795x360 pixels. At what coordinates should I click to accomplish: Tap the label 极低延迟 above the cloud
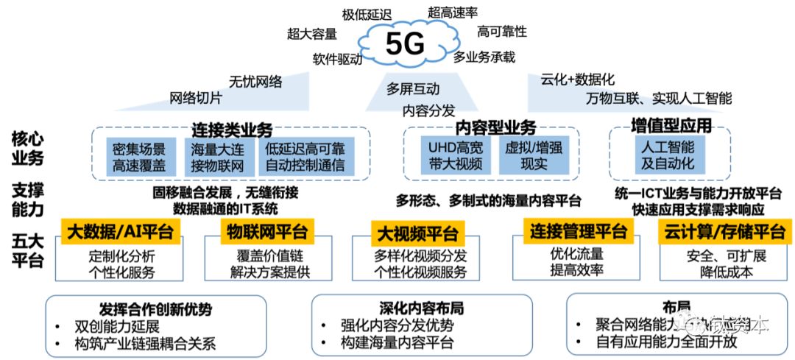pyautogui.click(x=366, y=14)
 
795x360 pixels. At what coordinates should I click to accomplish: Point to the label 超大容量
pyautogui.click(x=312, y=33)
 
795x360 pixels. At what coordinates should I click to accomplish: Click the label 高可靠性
pyautogui.click(x=502, y=31)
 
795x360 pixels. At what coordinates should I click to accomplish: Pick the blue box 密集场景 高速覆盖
pyautogui.click(x=140, y=157)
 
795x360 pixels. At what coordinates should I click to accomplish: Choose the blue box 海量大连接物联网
pyautogui.click(x=217, y=157)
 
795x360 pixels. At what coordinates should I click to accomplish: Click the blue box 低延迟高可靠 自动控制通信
pyautogui.click(x=305, y=157)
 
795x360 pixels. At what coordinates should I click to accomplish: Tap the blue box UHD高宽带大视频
pyautogui.click(x=455, y=155)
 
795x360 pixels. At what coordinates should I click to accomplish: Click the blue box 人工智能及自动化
pyautogui.click(x=668, y=154)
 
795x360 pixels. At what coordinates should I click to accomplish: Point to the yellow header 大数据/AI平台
pyautogui.click(x=120, y=233)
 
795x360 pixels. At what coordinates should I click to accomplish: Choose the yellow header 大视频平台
pyautogui.click(x=417, y=235)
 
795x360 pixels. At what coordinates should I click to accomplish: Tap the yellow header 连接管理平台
pyautogui.click(x=579, y=232)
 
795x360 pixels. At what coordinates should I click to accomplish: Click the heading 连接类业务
pyautogui.click(x=232, y=130)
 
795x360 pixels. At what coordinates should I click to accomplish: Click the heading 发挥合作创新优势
pyautogui.click(x=155, y=309)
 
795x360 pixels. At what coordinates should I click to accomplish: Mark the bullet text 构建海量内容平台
pyautogui.click(x=397, y=342)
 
